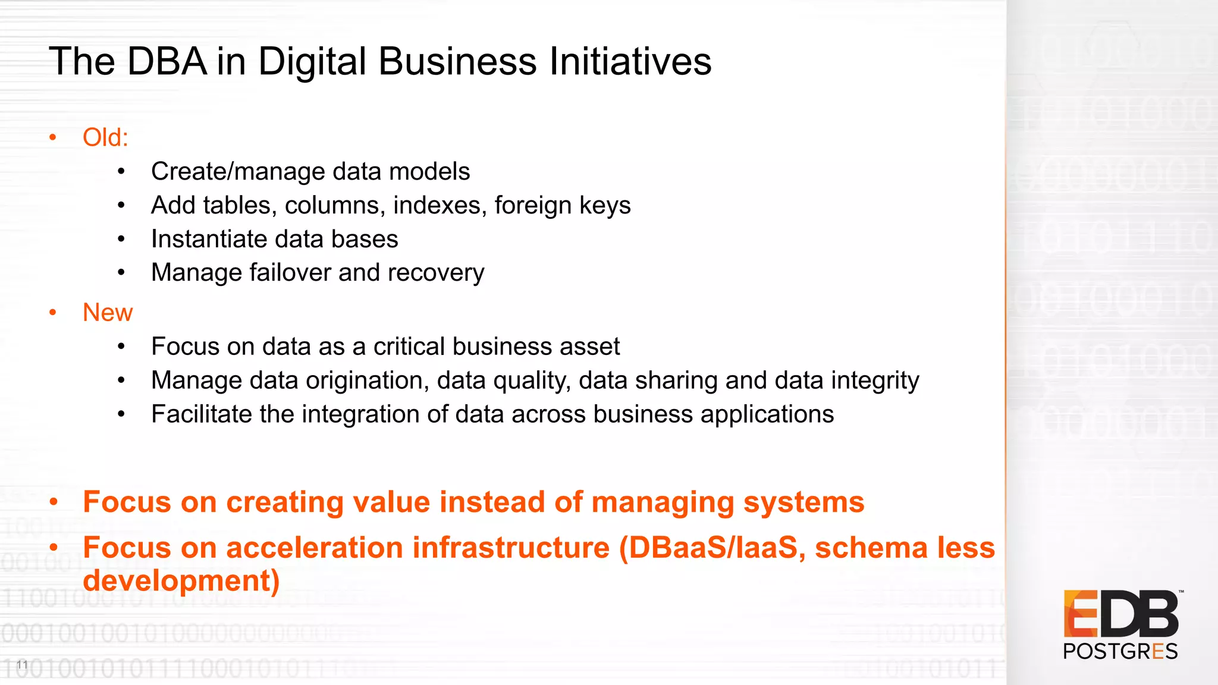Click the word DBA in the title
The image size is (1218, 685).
[167, 61]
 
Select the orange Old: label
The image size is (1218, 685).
[105, 137]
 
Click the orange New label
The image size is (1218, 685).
[108, 312]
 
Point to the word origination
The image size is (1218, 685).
[368, 381]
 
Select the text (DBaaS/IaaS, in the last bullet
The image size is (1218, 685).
[712, 548]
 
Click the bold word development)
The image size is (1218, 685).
[181, 581]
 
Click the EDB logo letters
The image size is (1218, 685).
[1120, 614]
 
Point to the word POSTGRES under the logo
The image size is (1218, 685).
[1120, 652]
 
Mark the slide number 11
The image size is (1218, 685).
[23, 665]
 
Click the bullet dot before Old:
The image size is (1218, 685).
[53, 138]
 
